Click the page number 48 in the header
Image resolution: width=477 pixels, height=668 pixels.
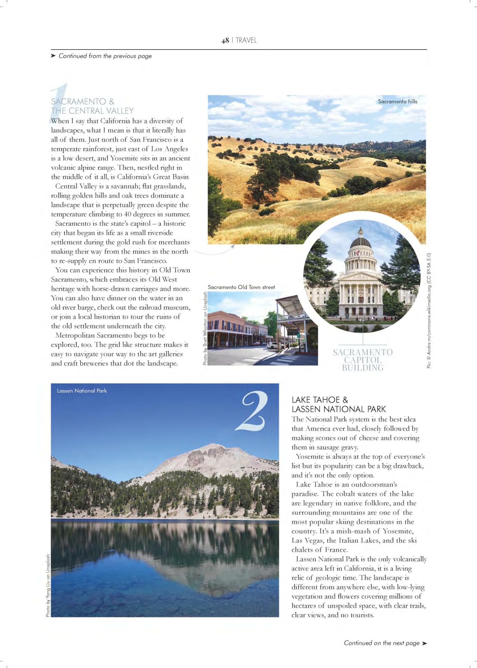tap(225, 41)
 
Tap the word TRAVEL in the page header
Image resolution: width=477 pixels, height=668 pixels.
tap(246, 41)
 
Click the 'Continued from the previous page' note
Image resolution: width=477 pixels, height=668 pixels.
tap(105, 56)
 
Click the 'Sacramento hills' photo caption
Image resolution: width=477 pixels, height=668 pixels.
tap(397, 102)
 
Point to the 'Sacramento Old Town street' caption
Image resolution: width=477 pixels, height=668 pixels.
tap(241, 287)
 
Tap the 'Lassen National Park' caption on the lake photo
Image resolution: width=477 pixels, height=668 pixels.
tap(82, 391)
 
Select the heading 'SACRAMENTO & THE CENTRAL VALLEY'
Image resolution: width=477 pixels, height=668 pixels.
tap(92, 106)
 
